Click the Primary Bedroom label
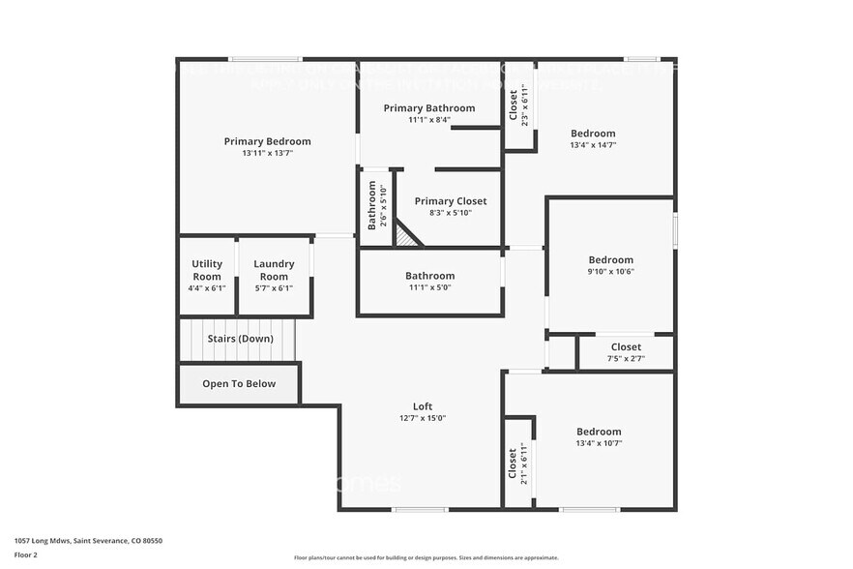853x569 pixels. pyautogui.click(x=267, y=141)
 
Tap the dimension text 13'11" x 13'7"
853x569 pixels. pyautogui.click(x=267, y=153)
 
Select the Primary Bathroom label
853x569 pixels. pyautogui.click(x=428, y=107)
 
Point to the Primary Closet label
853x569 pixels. pyautogui.click(x=450, y=201)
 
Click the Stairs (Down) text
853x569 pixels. pyautogui.click(x=240, y=339)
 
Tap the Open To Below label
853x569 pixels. pyautogui.click(x=238, y=384)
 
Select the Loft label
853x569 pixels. pyautogui.click(x=422, y=406)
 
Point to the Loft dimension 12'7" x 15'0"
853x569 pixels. pyautogui.click(x=422, y=418)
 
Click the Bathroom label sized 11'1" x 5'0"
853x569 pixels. pyautogui.click(x=429, y=276)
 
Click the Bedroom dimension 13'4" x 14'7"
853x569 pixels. pyautogui.click(x=592, y=145)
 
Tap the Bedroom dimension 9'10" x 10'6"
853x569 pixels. pyautogui.click(x=610, y=272)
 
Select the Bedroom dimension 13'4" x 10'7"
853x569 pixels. pyautogui.click(x=599, y=443)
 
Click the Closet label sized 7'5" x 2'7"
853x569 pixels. pyautogui.click(x=625, y=347)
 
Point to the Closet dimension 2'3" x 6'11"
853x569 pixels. pyautogui.click(x=523, y=106)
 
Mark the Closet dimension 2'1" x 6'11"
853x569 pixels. pyautogui.click(x=523, y=462)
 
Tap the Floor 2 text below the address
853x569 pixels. pyautogui.click(x=26, y=555)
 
